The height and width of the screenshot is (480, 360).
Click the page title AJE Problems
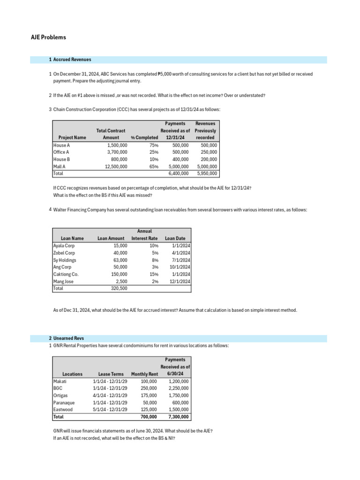(x=45, y=37)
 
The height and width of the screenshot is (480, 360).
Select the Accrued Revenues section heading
(x=72, y=60)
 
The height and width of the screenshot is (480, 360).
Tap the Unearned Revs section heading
(x=68, y=338)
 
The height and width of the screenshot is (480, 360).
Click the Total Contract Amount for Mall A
(x=116, y=166)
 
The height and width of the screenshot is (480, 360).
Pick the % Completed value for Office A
(x=152, y=152)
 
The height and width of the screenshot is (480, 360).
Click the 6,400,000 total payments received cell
(x=178, y=173)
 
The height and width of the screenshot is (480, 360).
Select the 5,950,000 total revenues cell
(x=206, y=173)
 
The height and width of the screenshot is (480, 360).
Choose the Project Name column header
(x=72, y=138)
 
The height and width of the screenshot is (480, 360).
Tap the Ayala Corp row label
(x=64, y=246)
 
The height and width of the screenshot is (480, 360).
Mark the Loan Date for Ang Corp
(x=180, y=267)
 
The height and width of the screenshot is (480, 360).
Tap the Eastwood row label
(x=63, y=409)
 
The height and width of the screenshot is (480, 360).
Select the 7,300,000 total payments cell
(x=178, y=417)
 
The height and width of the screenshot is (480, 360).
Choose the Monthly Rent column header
(x=145, y=374)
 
